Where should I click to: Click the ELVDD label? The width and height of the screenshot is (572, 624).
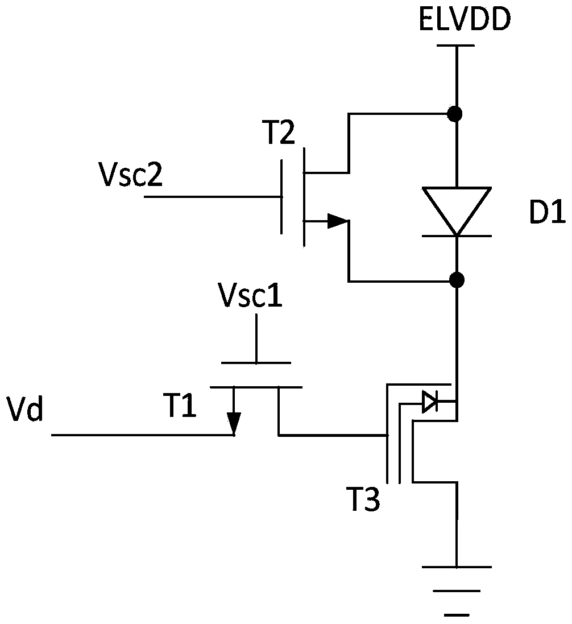coord(465,19)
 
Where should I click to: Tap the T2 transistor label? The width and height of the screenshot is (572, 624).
coord(280,133)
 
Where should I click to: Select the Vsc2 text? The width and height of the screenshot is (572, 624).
coord(132,175)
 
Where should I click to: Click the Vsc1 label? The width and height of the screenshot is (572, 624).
coord(250,295)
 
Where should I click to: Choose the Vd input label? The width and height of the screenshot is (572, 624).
coord(26,409)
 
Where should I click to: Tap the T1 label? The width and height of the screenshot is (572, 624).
coord(180,405)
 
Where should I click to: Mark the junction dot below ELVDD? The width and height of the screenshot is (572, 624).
coord(455,114)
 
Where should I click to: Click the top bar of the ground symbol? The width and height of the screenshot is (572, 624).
coord(457,567)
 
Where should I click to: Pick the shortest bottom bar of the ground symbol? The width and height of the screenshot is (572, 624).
coord(457,614)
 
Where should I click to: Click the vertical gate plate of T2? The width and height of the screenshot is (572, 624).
coord(281,197)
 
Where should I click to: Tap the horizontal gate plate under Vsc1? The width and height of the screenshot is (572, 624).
coord(256,363)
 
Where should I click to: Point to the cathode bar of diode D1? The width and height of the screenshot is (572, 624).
coord(457,236)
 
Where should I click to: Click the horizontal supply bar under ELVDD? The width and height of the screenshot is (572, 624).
coord(455,46)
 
